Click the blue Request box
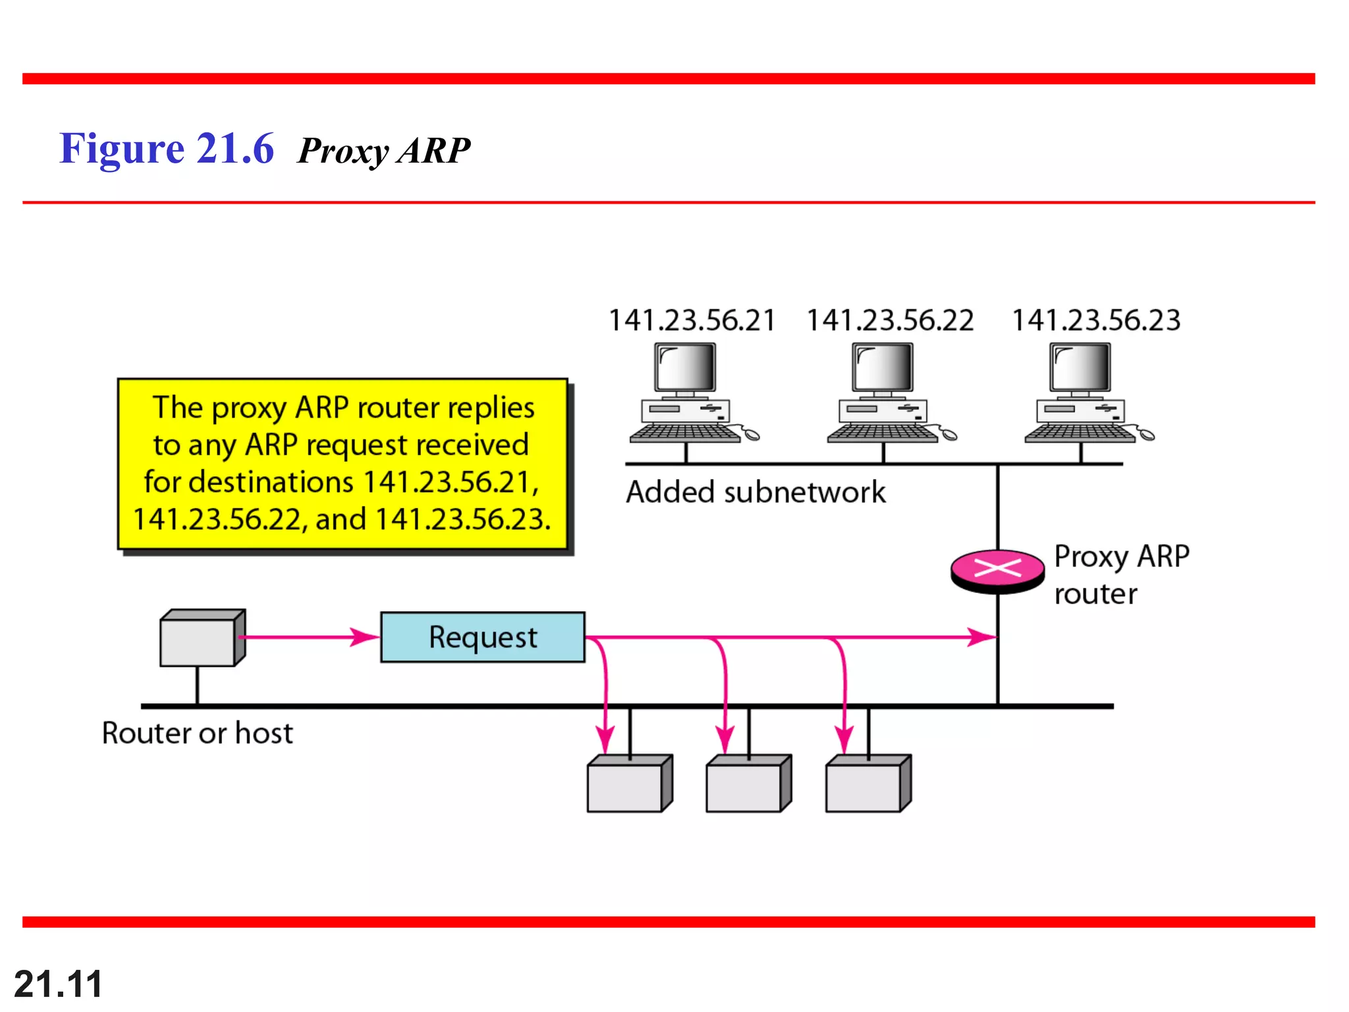(482, 637)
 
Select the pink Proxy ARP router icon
(997, 569)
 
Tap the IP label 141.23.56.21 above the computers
(692, 320)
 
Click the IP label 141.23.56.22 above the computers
(890, 320)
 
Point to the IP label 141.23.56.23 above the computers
(1096, 320)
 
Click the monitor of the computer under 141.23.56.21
(685, 367)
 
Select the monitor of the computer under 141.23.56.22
(883, 367)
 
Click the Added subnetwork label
(756, 492)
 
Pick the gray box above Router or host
(201, 639)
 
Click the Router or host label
(197, 733)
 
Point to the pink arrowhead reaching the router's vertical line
(982, 637)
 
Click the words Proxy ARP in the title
(384, 151)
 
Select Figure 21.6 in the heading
(166, 148)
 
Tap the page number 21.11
(58, 984)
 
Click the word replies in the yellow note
(491, 408)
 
